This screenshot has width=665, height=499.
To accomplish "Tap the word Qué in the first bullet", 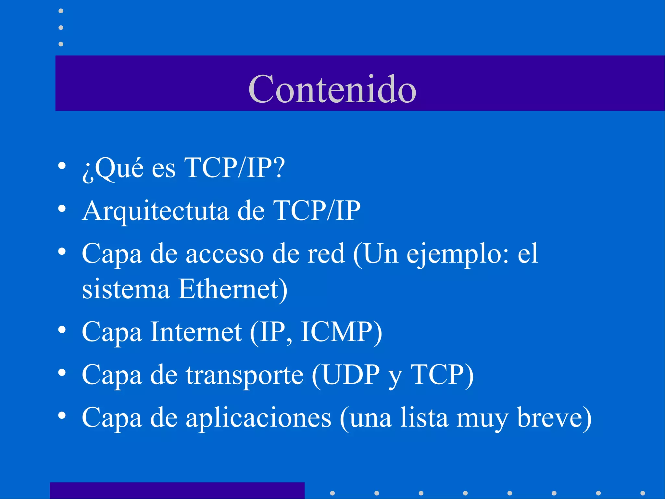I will point(119,168).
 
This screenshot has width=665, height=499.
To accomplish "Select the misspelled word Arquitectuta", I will point(156,211).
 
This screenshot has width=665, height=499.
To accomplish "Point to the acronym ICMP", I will point(336,332).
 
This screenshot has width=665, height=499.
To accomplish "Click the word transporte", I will point(245,375).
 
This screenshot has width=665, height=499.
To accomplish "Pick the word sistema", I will point(126,289).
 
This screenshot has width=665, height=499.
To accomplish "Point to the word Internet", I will point(196,332).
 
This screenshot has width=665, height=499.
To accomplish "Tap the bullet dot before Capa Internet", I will point(62,330).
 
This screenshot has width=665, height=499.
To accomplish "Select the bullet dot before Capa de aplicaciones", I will point(62,416).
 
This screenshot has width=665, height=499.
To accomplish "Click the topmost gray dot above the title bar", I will point(61,11).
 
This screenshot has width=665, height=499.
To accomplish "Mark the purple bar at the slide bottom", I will point(177,490).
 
